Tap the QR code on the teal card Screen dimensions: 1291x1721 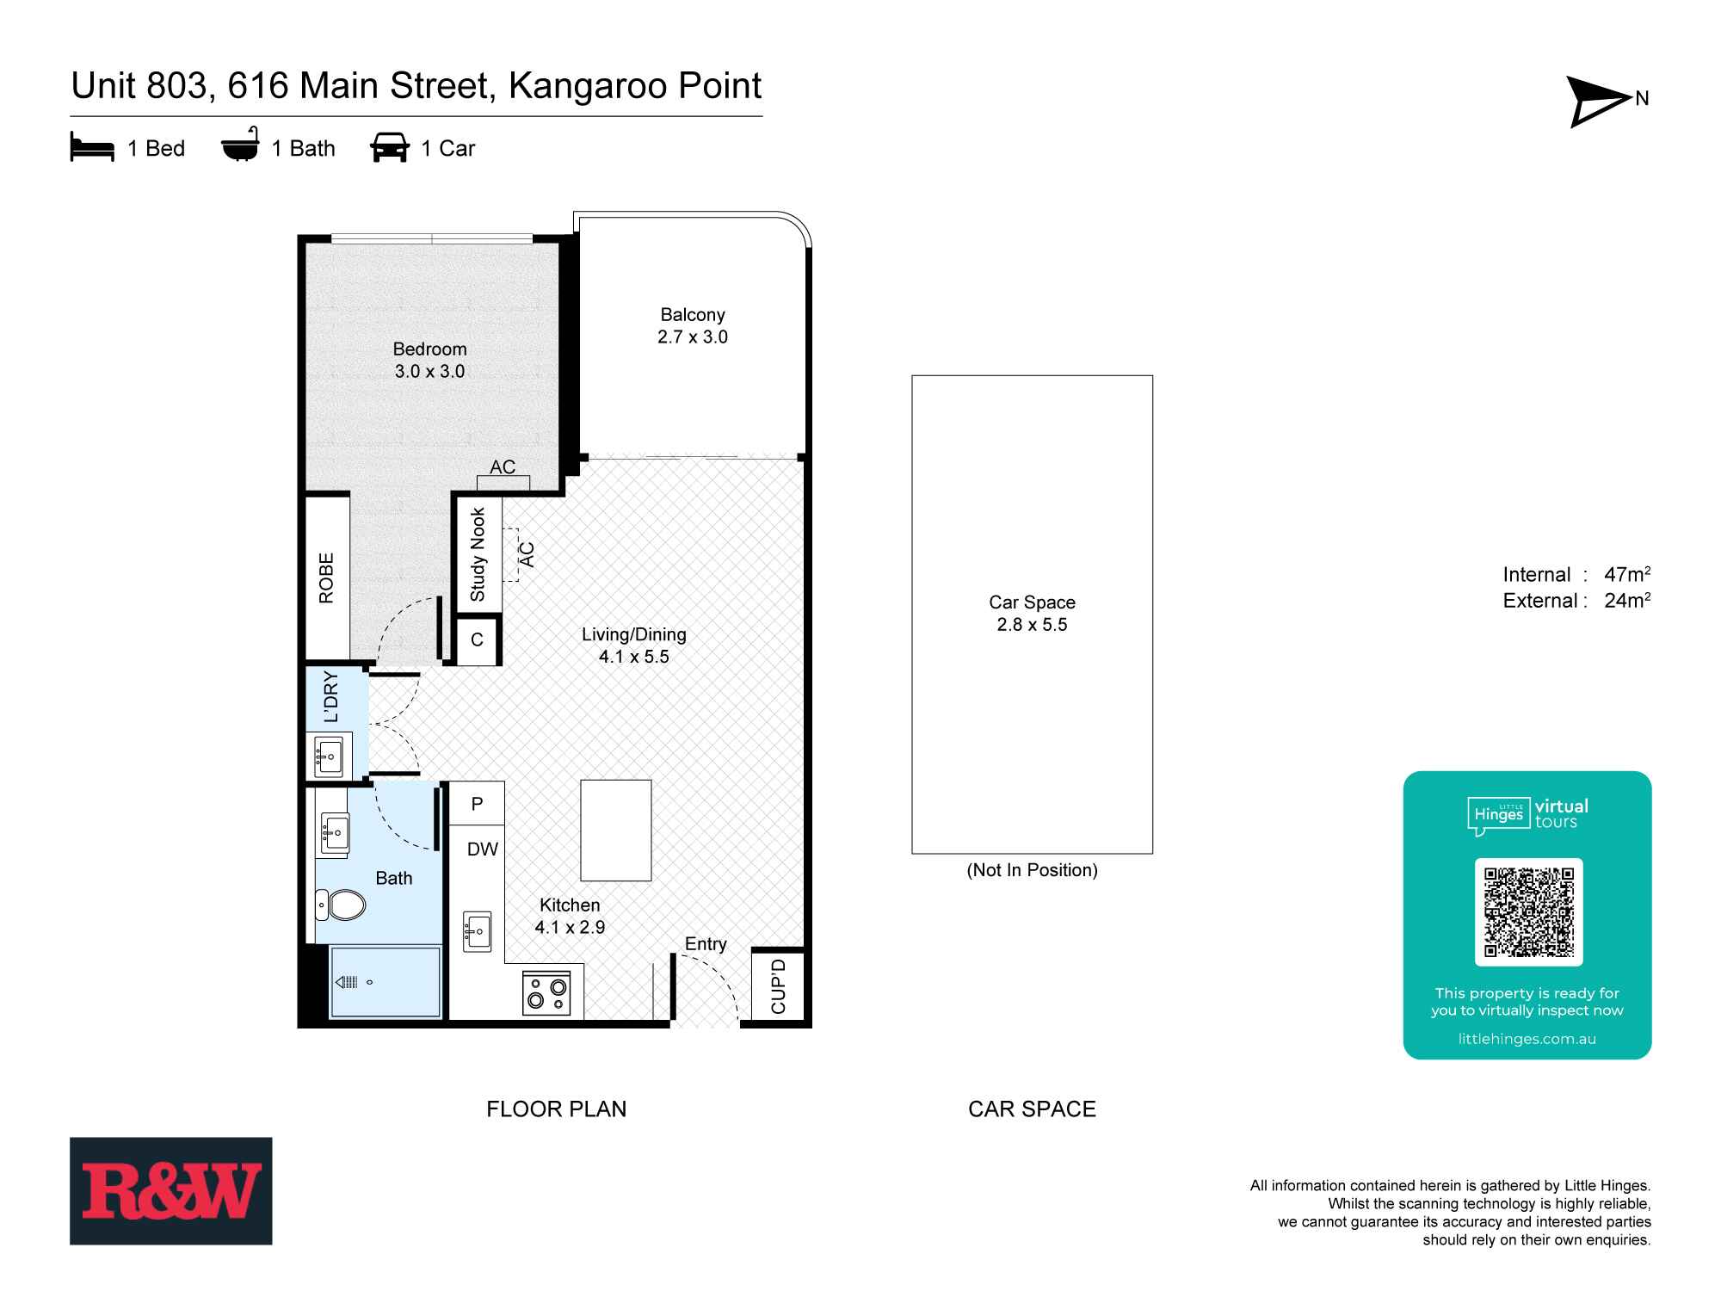pos(1528,912)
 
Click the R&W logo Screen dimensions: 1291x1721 pos(171,1191)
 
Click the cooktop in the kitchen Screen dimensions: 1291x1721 pos(546,993)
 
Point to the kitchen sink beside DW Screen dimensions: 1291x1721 pos(477,931)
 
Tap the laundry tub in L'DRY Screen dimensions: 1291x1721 pos(330,756)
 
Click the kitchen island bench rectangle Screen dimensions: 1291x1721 pos(615,830)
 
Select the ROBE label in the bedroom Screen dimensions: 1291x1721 pos(327,578)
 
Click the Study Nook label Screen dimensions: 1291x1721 pos(478,554)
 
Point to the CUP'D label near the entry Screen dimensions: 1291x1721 pos(779,986)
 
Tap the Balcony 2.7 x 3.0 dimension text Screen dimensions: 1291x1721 pos(693,337)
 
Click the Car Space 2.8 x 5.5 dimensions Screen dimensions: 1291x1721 pos(1032,625)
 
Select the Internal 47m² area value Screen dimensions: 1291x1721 pos(1626,574)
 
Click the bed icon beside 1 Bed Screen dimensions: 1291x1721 pos(92,148)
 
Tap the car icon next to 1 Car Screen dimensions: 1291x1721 pos(390,148)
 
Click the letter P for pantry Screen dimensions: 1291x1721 pos(477,803)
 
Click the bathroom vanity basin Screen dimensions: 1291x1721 pos(334,832)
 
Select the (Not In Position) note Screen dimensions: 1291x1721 pos(1032,870)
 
